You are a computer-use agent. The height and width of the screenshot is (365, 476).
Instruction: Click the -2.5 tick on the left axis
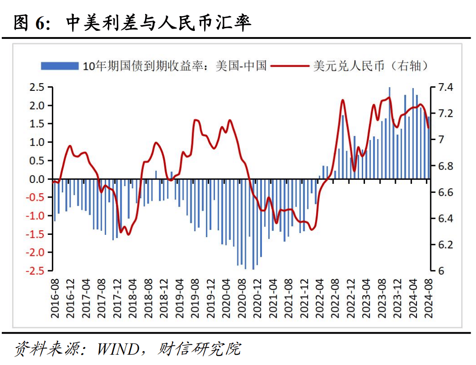point(37,271)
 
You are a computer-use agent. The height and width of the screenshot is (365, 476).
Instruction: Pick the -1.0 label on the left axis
point(37,216)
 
